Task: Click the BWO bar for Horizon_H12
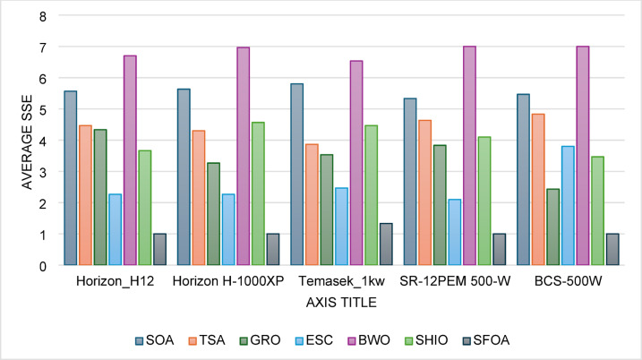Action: [130, 160]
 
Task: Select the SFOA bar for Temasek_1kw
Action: [386, 244]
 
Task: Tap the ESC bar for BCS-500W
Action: [568, 206]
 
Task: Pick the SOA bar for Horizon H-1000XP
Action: [184, 177]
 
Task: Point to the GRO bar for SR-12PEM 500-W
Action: [441, 205]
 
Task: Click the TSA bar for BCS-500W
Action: [538, 190]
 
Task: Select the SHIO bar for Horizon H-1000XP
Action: [258, 193]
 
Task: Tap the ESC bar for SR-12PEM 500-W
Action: [455, 232]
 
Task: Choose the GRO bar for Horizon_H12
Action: [100, 197]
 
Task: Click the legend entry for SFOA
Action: [486, 340]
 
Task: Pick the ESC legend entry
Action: [313, 340]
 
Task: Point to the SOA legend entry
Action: [155, 340]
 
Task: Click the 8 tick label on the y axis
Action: [43, 17]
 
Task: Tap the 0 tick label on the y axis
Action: [43, 266]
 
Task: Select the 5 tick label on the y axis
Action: [43, 110]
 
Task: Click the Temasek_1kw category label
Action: [341, 281]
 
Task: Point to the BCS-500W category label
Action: [568, 281]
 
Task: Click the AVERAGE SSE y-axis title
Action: [27, 142]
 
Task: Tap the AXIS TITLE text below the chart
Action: [341, 303]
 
